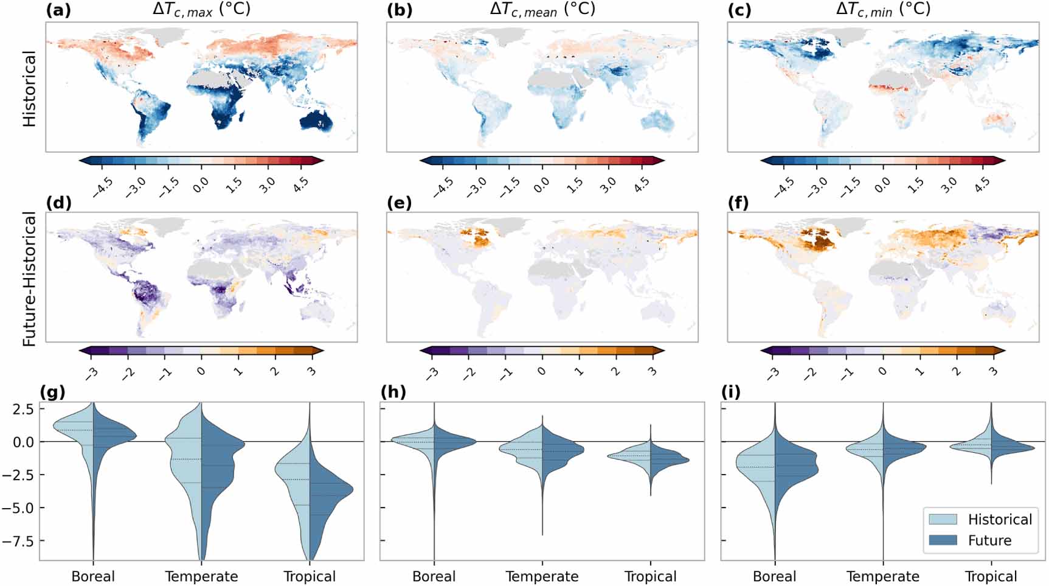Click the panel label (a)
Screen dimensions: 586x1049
click(58, 10)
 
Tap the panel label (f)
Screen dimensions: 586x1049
click(739, 203)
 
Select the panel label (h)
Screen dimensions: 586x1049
click(393, 392)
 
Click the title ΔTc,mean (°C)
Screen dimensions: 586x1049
click(542, 10)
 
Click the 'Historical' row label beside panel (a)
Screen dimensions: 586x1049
click(29, 88)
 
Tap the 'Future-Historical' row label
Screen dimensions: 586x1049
click(29, 278)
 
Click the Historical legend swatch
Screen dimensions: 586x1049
click(943, 519)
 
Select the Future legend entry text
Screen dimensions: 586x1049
click(989, 540)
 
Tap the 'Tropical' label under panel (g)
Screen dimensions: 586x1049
click(310, 576)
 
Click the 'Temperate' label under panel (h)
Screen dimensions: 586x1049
click(542, 576)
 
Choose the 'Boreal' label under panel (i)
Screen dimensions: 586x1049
click(774, 576)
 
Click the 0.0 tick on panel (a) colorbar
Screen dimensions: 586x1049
click(201, 183)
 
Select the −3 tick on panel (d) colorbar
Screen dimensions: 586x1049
click(92, 372)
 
